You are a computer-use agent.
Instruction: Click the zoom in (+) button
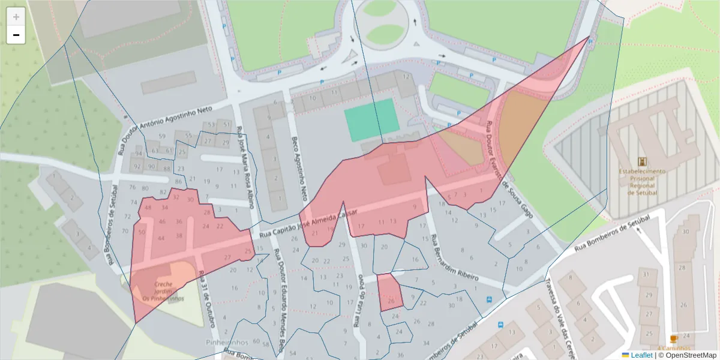pyautogui.click(x=16, y=17)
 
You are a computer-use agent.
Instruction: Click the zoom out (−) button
pyautogui.click(x=16, y=35)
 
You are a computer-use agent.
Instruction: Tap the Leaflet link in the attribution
pyautogui.click(x=641, y=355)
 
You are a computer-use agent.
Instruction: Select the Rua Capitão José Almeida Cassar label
pyautogui.click(x=308, y=223)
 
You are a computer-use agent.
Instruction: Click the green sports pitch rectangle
pyautogui.click(x=371, y=118)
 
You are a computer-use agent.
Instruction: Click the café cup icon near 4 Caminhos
pyautogui.click(x=673, y=340)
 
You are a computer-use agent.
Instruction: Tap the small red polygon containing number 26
pyautogui.click(x=389, y=292)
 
